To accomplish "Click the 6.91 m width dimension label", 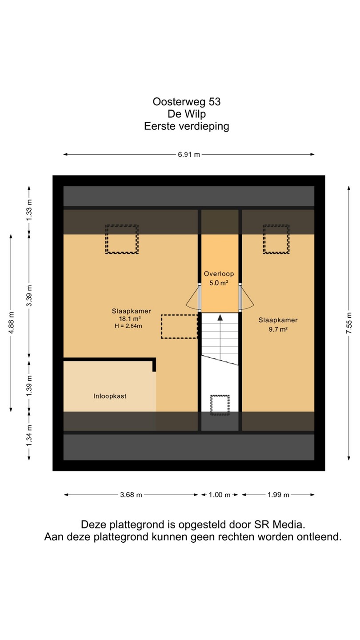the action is tap(189, 155).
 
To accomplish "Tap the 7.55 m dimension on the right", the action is tap(349, 323).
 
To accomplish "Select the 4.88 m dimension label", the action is tap(11, 323).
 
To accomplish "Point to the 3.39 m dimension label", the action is tap(29, 296).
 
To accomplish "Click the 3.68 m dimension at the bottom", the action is tap(131, 495).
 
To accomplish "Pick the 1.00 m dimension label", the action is tap(220, 495).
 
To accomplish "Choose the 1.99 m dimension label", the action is tap(278, 495).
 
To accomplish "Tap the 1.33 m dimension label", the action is tap(29, 210).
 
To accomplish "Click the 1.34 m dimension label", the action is tap(29, 436).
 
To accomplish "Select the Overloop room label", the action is tap(219, 274).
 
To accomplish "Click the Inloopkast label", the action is tap(110, 396).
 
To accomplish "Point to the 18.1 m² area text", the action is tap(130, 319).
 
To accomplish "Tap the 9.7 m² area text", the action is tap(278, 329).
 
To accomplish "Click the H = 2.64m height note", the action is tap(128, 326).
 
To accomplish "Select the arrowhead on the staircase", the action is tap(220, 317).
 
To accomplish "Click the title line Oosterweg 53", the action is tap(187, 102).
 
